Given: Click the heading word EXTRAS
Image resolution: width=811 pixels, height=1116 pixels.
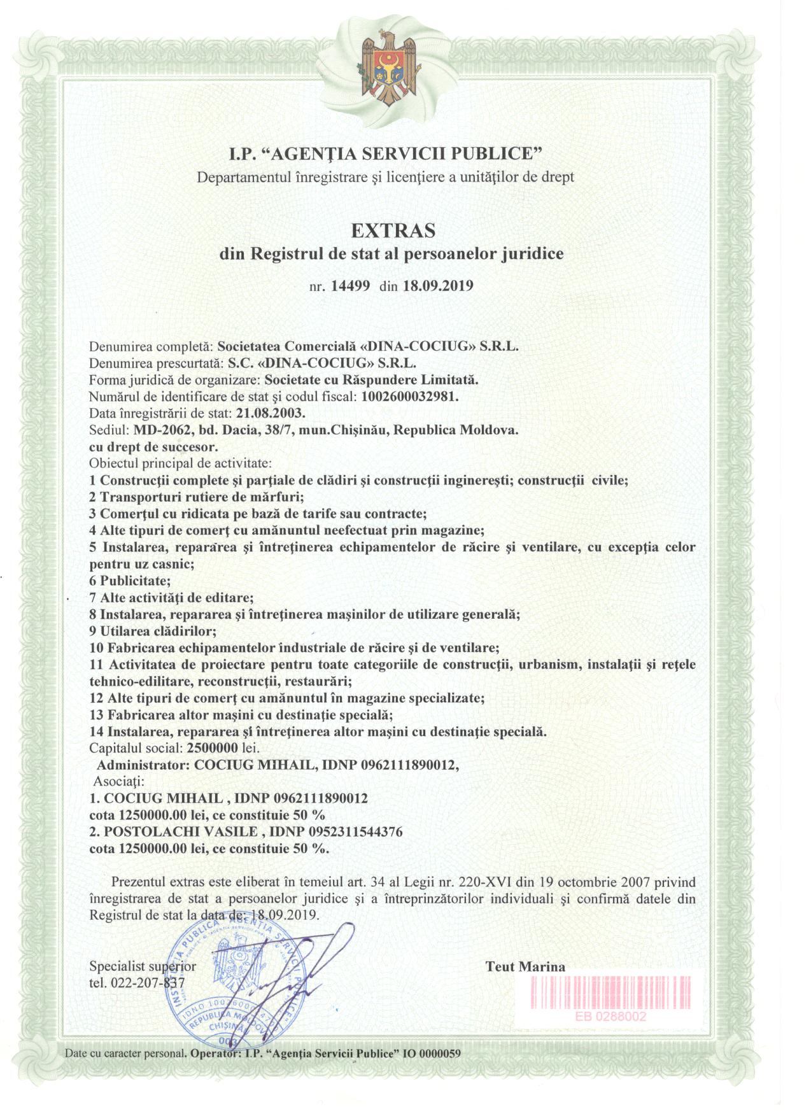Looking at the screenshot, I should click(391, 230).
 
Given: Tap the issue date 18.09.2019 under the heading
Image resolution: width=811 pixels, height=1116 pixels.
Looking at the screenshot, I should click(438, 285).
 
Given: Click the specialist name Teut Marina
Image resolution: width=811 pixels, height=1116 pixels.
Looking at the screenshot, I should click(525, 966).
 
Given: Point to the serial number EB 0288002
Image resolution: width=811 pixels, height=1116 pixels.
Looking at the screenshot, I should click(610, 1017).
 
